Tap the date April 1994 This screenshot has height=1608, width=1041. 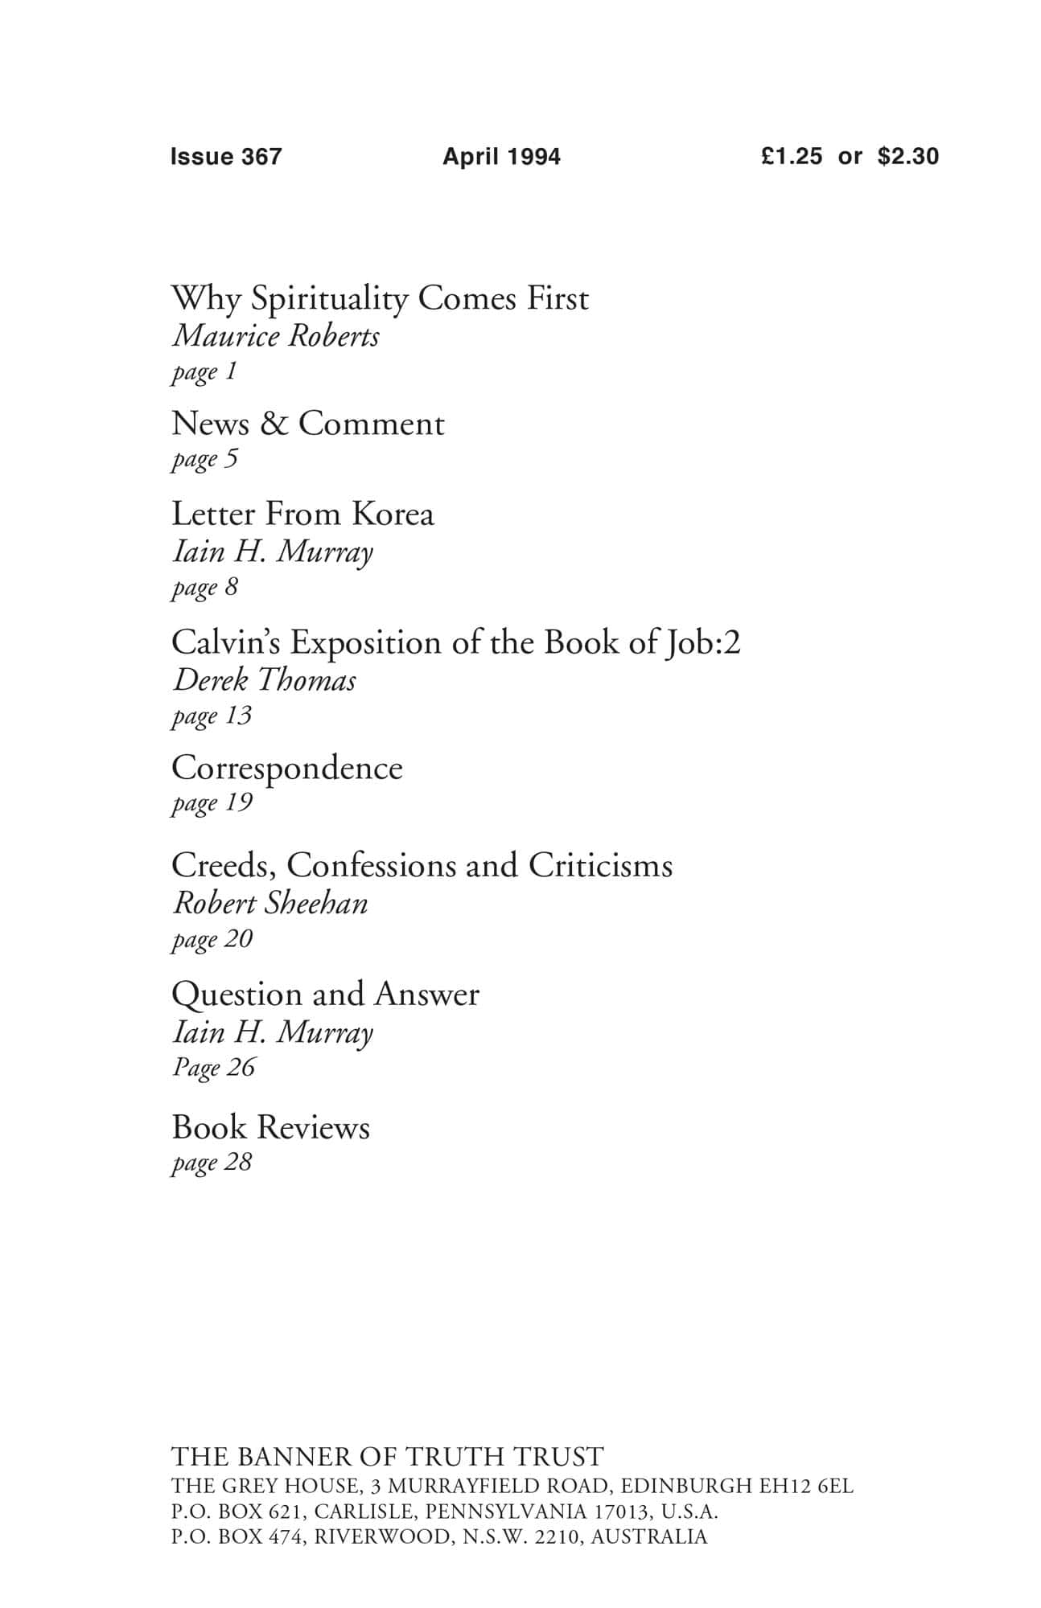click(501, 156)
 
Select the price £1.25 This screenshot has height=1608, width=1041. click(792, 156)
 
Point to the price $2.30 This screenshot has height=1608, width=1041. click(908, 156)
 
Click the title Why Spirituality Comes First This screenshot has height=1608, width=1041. click(380, 299)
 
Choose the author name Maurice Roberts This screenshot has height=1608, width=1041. click(276, 336)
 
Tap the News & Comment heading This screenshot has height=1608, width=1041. click(307, 424)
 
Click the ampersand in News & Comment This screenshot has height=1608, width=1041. click(274, 424)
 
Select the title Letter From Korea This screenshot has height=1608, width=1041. click(302, 514)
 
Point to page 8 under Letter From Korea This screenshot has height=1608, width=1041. click(205, 587)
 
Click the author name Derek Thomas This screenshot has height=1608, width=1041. click(265, 680)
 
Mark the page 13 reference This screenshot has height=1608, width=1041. click(212, 716)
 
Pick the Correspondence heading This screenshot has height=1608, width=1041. click(286, 768)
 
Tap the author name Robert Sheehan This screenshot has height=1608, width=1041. click(270, 904)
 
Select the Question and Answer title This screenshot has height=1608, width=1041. click(325, 995)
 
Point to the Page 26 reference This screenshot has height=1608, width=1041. click(213, 1068)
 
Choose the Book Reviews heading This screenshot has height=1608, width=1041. click(270, 1127)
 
